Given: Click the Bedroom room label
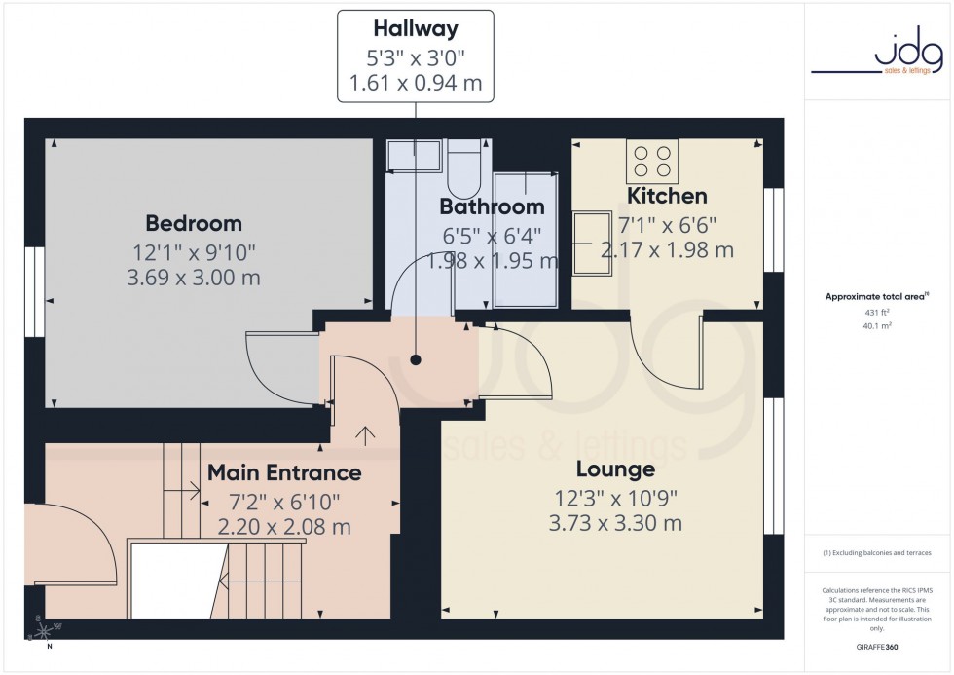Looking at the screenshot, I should click(x=194, y=223).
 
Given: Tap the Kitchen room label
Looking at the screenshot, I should click(x=667, y=196).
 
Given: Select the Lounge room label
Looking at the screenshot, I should click(x=614, y=469).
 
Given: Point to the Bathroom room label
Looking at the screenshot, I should click(x=492, y=206).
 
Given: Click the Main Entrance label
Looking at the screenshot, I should click(x=284, y=473).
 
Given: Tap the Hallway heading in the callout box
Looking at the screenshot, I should click(x=416, y=30).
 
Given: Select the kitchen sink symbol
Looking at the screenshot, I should click(x=588, y=244).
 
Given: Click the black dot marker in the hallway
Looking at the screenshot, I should click(x=416, y=359).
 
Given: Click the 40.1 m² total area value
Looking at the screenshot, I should click(x=878, y=326).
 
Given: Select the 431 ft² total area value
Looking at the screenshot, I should click(x=878, y=312).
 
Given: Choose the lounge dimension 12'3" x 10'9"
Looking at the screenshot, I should click(x=614, y=498).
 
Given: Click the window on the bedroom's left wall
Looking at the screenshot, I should click(x=34, y=291).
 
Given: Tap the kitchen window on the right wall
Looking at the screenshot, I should click(x=774, y=230).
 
